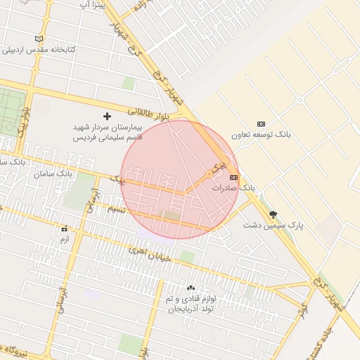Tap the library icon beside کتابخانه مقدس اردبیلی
tap(39, 38)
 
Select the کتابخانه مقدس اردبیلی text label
tap(39, 50)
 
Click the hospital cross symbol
tap(107, 115)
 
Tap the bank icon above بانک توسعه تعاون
tap(262, 124)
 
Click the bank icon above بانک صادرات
tap(234, 178)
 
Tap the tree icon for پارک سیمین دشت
tap(273, 215)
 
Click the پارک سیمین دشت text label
tap(273, 225)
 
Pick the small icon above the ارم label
tap(64, 229)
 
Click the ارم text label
tap(64, 239)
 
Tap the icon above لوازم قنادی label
tap(191, 288)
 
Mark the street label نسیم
tap(115, 209)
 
